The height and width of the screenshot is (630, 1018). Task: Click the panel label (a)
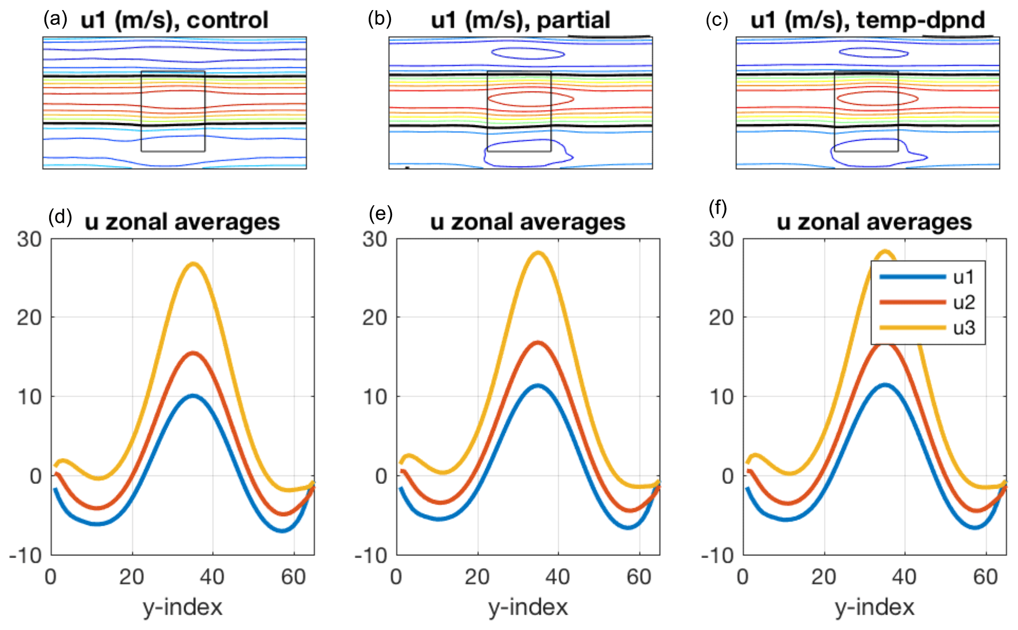[x=55, y=20]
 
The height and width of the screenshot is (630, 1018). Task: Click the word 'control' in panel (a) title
[x=228, y=21]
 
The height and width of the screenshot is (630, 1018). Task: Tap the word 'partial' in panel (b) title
[x=574, y=21]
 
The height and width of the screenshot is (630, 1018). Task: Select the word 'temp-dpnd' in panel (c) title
[x=921, y=21]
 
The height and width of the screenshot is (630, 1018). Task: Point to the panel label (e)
[x=380, y=214]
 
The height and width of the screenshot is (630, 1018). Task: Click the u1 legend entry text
[x=964, y=277]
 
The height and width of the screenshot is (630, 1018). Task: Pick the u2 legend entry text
[x=964, y=303]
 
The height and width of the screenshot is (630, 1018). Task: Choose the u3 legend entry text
[x=964, y=328]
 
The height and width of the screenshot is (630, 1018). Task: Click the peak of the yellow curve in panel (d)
[x=193, y=263]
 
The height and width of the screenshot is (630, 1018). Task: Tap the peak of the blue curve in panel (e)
[x=538, y=386]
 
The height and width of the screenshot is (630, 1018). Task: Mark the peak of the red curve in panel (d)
[x=193, y=353]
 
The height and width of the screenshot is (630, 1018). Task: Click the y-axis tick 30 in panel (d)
[x=29, y=239]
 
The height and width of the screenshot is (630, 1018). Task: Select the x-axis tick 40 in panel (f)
[x=904, y=577]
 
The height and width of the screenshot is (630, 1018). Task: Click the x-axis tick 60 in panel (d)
[x=294, y=577]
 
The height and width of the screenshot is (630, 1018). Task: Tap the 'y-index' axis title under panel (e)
[x=528, y=607]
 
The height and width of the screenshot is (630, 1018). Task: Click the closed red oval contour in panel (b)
[x=531, y=99]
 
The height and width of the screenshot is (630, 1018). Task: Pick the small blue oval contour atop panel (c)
[x=874, y=52]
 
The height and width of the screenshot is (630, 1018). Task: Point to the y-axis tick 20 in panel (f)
[x=721, y=318]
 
